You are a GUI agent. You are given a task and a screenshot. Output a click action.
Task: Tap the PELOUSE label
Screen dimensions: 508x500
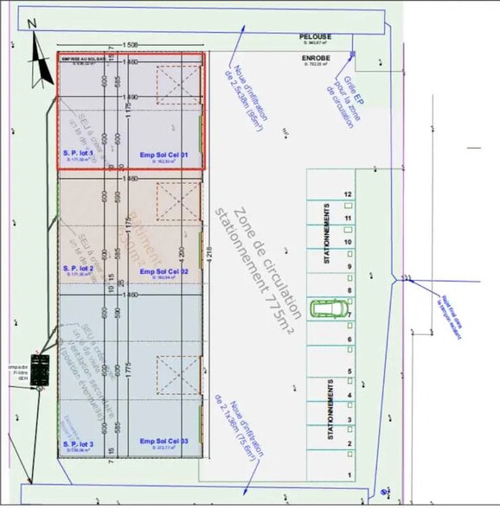tap(315, 36)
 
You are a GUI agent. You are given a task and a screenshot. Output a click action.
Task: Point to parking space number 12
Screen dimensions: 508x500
tap(347, 195)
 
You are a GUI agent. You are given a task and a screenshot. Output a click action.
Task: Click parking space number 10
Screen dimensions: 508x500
tap(347, 243)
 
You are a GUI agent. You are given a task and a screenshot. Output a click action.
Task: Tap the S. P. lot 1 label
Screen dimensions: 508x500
tap(78, 153)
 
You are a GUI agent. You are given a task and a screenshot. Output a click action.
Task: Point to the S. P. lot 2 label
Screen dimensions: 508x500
tap(78, 269)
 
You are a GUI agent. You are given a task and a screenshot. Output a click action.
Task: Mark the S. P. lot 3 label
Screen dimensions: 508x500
tap(78, 442)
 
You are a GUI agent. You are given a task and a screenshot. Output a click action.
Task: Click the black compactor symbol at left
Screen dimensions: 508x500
tap(40, 371)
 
